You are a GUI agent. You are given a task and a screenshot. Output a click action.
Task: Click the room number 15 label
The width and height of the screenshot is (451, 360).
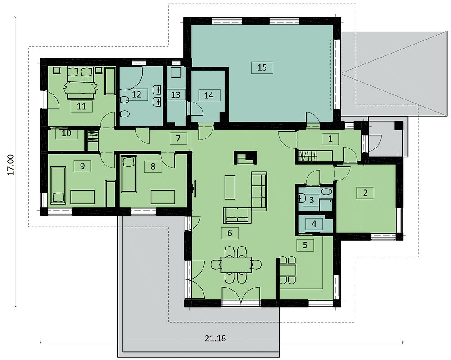coord(262,67)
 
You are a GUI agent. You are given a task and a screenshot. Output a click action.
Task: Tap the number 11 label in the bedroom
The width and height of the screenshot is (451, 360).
coord(81,107)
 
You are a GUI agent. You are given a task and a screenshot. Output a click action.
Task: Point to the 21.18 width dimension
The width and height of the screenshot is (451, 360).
coord(216,338)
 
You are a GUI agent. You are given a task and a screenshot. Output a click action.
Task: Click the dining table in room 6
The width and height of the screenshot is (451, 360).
coord(236,265)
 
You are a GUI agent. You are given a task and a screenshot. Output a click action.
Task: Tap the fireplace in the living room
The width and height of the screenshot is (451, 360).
coord(245,157)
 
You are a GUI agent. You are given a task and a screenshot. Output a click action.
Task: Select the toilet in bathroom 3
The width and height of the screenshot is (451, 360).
coord(325,192)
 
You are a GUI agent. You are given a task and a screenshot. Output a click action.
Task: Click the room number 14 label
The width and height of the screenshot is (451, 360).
coord(209,95)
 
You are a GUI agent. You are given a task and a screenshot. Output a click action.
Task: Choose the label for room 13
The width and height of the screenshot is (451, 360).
coord(176,94)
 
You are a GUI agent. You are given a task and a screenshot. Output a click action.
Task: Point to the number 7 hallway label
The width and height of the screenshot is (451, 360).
coord(178,139)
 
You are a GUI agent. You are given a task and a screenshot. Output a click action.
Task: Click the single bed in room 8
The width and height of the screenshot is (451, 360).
coord(129,174)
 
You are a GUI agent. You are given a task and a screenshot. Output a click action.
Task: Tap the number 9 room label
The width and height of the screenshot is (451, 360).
coord(82,166)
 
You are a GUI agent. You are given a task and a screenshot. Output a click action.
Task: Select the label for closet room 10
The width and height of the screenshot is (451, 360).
coord(67,134)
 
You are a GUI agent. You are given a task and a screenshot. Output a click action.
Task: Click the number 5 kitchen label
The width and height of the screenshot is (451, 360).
coord(305,245)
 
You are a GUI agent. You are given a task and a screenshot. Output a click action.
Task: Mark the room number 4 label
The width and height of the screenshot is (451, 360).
coord(314,224)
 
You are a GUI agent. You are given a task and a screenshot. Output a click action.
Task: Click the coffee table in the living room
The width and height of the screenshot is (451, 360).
coord(230,188)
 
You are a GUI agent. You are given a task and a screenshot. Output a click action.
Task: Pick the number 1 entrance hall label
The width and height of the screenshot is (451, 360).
coord(330,139)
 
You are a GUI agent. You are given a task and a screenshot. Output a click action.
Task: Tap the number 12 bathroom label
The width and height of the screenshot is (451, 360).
coord(137,94)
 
